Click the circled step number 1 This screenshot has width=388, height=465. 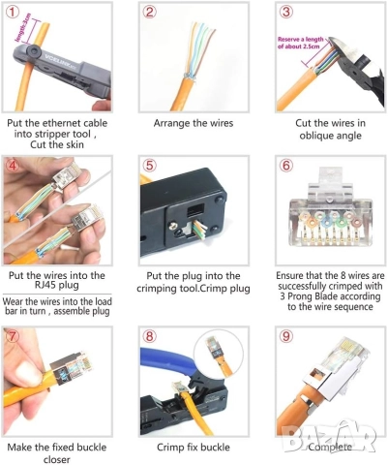(14, 12)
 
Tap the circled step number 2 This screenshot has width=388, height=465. (150, 12)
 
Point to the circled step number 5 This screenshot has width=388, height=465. (150, 165)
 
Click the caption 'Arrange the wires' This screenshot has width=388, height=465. (193, 124)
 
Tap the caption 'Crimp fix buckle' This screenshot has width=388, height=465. (193, 448)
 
